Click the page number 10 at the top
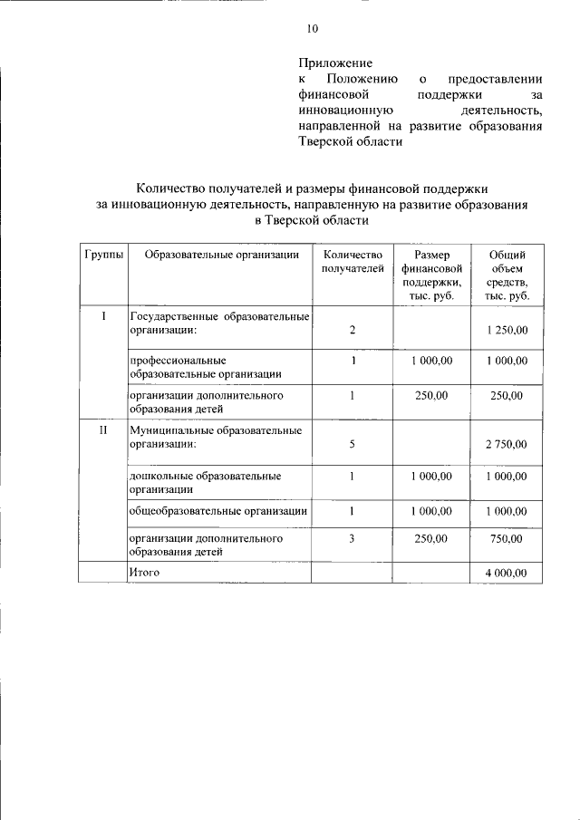click(x=313, y=29)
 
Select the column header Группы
click(x=101, y=256)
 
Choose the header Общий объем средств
click(x=506, y=275)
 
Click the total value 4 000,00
click(x=506, y=573)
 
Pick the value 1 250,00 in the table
click(x=506, y=331)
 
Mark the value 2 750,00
click(x=506, y=445)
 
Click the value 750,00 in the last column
click(x=506, y=539)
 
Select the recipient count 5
click(x=353, y=445)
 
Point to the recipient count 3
click(x=353, y=538)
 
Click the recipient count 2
click(x=353, y=331)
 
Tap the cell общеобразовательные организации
click(x=217, y=511)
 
